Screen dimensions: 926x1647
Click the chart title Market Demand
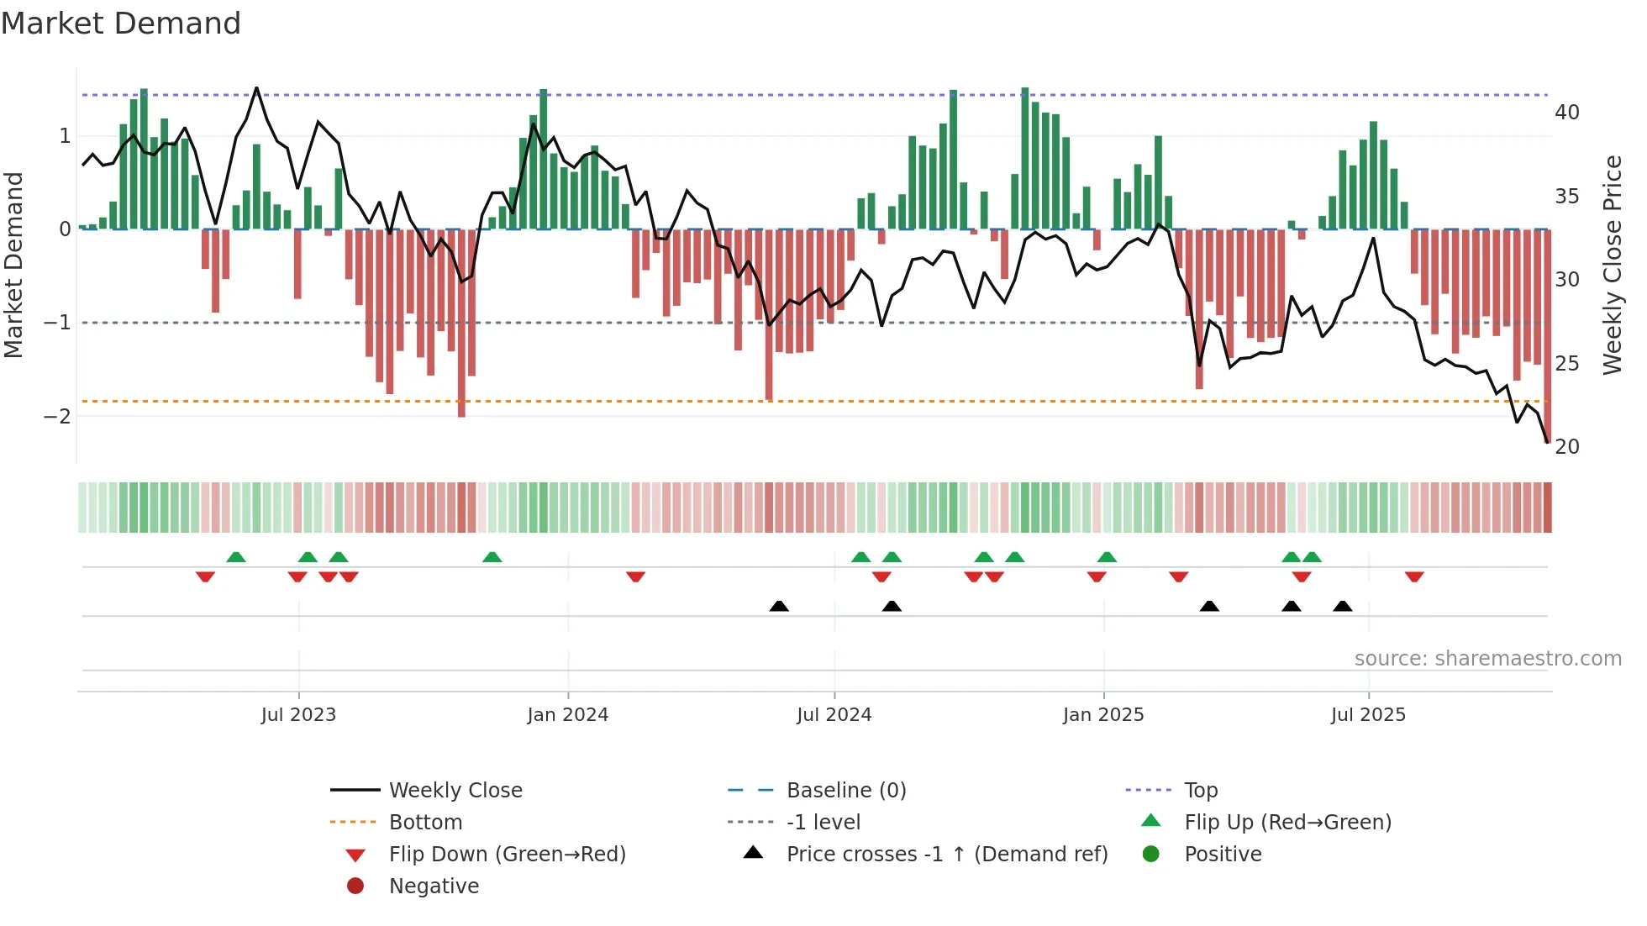121,24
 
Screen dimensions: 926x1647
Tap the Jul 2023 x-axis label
298,715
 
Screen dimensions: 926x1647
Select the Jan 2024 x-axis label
567,715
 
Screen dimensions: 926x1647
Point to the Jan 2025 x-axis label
1102,715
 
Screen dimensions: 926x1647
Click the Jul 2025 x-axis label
1367,715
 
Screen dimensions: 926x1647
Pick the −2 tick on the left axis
57,417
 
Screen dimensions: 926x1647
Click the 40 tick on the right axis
1566,113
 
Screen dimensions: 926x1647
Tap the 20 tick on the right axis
1566,447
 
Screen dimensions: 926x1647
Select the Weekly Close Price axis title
1612,265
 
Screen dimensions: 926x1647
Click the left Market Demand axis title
13,265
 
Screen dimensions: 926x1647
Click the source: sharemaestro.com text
1487,659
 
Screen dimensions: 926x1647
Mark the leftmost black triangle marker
779,606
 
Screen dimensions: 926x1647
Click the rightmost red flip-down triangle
1414,576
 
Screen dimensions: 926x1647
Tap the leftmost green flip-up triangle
236,557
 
